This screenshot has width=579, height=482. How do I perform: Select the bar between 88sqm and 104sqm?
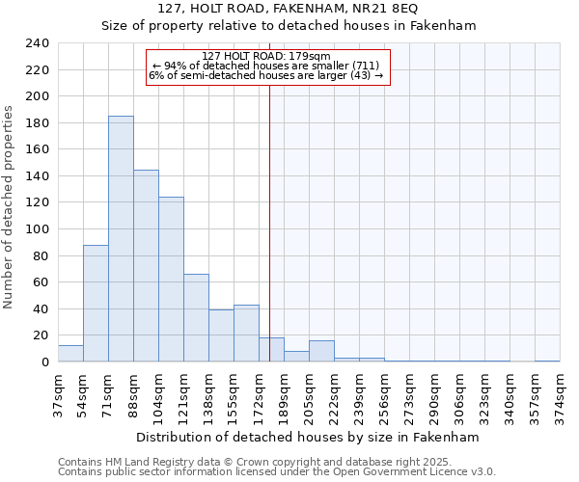coord(146,266)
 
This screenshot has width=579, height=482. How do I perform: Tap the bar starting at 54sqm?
coord(96,304)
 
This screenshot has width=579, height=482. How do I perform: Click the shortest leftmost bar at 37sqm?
coord(70,354)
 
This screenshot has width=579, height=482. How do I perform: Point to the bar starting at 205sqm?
coord(321,352)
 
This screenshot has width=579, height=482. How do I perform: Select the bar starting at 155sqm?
coord(246,334)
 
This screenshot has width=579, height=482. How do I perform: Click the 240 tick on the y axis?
coord(37,43)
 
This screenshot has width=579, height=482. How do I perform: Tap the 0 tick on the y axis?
coord(44,362)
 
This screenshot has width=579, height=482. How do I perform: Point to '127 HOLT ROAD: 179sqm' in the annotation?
coord(267,56)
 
